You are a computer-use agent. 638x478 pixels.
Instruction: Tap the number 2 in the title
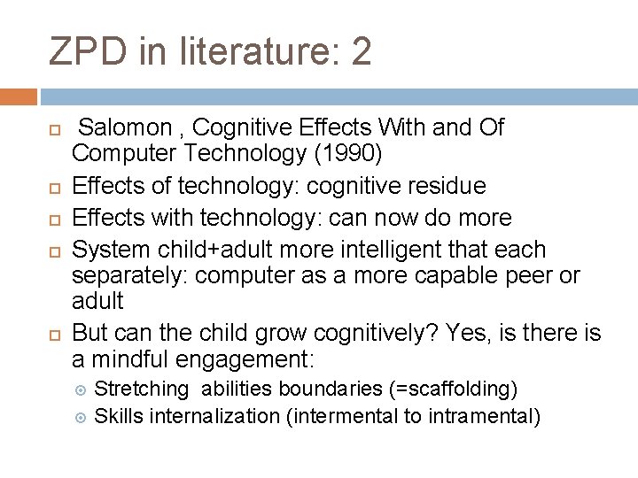[x=362, y=52]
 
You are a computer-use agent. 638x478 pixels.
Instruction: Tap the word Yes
[x=467, y=333]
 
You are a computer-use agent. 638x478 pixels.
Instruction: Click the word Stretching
[x=142, y=389]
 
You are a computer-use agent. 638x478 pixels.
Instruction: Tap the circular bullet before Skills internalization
[x=80, y=415]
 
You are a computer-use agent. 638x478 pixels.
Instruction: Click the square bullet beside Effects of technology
[x=53, y=187]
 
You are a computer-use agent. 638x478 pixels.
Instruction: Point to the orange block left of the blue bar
[x=18, y=96]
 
